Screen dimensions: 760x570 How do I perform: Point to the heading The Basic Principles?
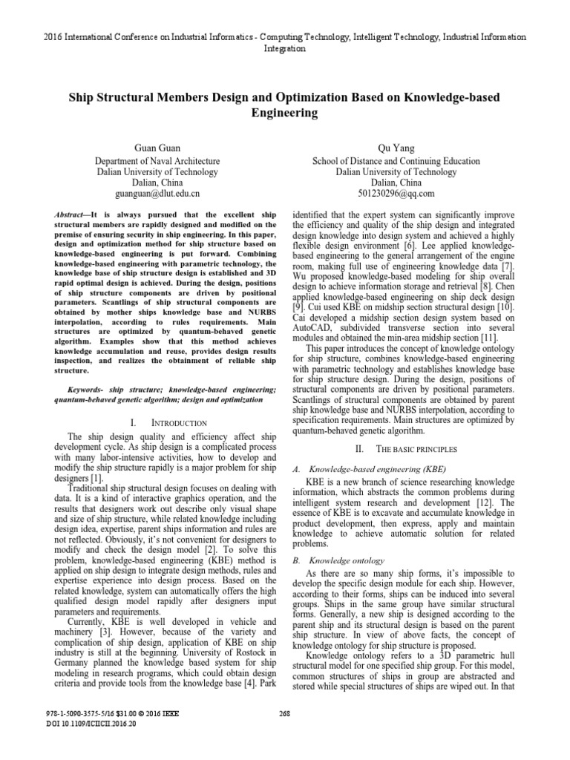(x=410, y=450)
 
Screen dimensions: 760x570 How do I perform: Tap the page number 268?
(x=285, y=733)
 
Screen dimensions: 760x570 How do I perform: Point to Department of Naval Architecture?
(x=157, y=160)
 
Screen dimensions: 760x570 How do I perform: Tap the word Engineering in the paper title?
(x=284, y=114)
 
